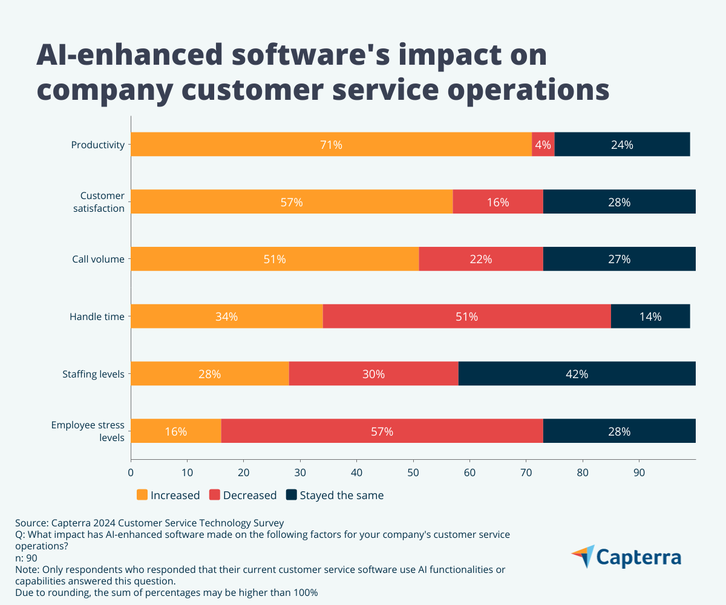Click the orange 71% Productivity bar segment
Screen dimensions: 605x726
pos(331,145)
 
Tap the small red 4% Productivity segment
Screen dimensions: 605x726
pos(543,145)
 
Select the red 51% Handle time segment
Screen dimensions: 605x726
pos(466,316)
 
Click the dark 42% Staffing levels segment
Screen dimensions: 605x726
pos(577,374)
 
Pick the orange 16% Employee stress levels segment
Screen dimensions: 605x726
pos(175,431)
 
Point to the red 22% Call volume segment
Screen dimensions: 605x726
pos(480,259)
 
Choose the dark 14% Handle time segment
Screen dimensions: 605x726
pos(650,316)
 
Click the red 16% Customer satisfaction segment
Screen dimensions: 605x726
pos(497,202)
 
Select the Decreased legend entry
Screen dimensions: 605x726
pos(243,495)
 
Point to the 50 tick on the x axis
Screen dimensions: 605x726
pos(413,473)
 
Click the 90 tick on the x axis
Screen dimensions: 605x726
pos(639,473)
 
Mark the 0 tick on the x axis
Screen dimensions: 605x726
pos(131,473)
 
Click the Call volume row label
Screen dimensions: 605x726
pos(97,260)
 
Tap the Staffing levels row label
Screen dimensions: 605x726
pos(93,374)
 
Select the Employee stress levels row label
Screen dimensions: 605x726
pos(88,431)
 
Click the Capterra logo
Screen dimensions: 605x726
pos(626,557)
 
